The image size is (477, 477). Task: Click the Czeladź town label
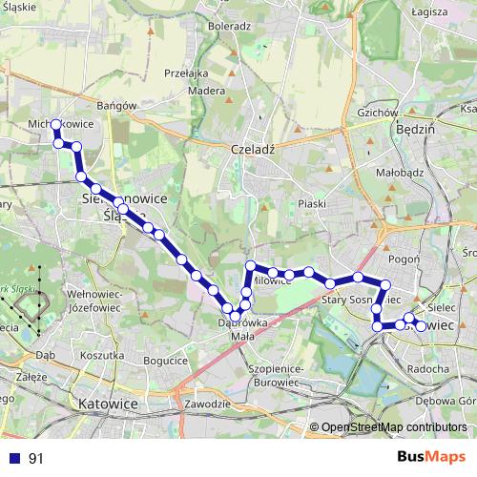tap(253, 150)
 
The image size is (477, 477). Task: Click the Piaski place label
tap(312, 204)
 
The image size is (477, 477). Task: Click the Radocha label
tap(425, 368)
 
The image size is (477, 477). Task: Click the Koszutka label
tap(103, 355)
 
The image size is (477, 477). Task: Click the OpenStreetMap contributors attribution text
tap(391, 427)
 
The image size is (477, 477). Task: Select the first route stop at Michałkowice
tap(56, 125)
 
